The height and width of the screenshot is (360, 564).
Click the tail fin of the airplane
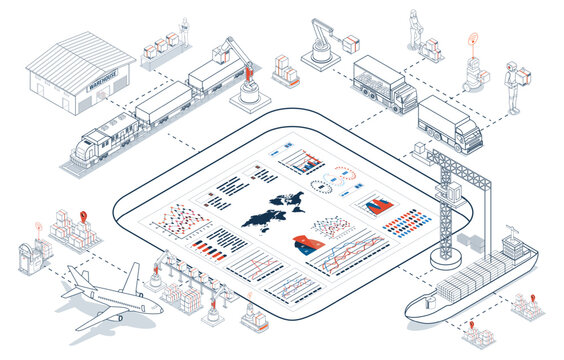[x=132, y=273]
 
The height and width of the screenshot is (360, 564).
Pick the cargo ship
[x=470, y=285]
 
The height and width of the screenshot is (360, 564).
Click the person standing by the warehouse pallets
[x=184, y=30]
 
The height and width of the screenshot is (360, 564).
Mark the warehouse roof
[x=80, y=55]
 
